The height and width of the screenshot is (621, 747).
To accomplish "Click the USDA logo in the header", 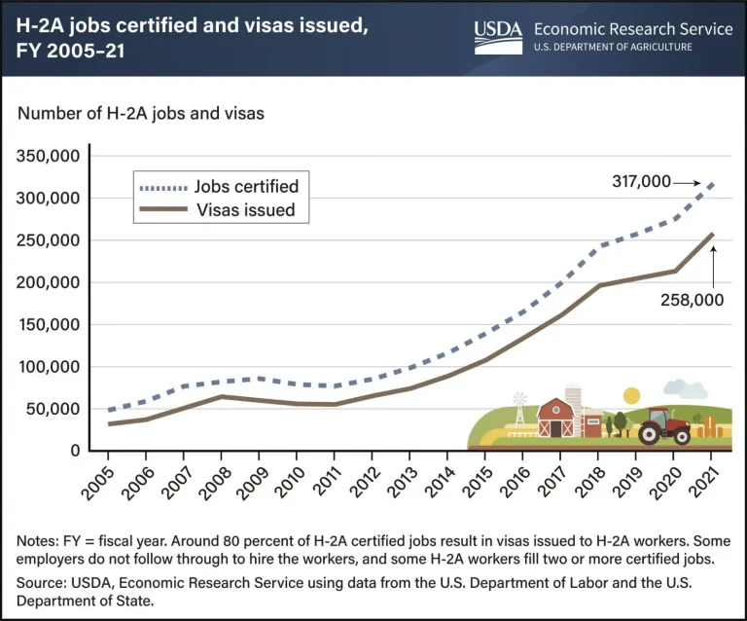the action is pos(498,37).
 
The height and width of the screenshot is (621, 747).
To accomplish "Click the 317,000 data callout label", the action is pos(641,181).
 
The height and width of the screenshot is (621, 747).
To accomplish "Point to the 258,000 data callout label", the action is pos(692,300).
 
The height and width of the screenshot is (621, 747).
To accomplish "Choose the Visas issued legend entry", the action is pos(217,209).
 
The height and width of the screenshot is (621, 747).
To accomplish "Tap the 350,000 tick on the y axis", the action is pos(48,156).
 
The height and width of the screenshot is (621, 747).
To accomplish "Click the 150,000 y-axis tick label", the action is pos(49,324).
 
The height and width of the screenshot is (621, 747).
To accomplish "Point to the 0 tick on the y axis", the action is pos(75,451).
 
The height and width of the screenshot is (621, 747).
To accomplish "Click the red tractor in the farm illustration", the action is pos(664,426).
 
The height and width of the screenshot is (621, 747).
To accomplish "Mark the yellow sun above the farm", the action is pos(631,395).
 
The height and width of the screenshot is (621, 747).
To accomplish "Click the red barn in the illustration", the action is pos(556,419).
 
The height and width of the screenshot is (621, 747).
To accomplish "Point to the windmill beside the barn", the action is pos(519,410).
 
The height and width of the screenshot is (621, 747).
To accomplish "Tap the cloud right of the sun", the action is pos(686,389).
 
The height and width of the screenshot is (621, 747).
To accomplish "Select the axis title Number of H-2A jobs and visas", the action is pos(141,114).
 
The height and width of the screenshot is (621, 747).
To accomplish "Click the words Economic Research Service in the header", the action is pos(633,29).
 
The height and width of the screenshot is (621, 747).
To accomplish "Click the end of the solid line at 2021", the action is pos(713,234).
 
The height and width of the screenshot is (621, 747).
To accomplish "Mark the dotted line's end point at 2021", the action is pos(713,184).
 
